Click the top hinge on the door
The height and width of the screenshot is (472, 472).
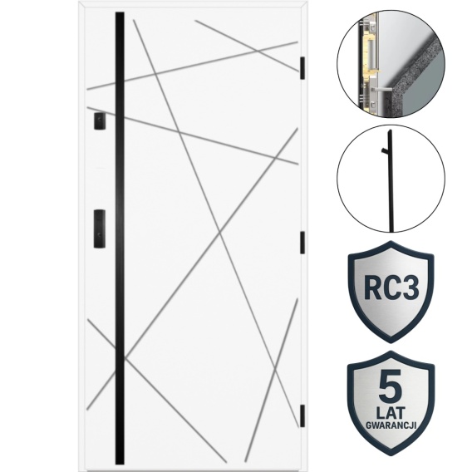[302, 68]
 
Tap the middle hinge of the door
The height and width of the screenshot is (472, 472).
[302, 243]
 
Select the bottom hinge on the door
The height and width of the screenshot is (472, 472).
[302, 415]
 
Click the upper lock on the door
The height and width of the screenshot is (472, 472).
[100, 121]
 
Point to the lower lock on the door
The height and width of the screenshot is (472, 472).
[100, 229]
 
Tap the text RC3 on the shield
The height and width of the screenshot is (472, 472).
[391, 288]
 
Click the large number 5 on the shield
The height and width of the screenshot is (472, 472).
[391, 387]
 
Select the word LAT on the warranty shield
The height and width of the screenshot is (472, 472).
[391, 413]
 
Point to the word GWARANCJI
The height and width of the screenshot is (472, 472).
[391, 425]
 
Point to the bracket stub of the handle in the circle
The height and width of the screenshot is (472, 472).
[385, 150]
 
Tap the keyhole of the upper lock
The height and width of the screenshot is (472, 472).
[99, 119]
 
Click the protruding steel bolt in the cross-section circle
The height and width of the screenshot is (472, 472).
[381, 90]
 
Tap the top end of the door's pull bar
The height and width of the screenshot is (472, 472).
[120, 12]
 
